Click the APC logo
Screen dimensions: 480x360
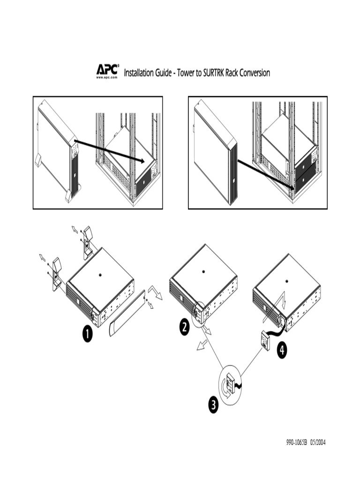(x=107, y=69)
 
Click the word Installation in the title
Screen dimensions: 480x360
(x=139, y=73)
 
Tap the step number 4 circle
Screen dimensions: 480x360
(x=282, y=350)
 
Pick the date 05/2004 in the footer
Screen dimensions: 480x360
(x=317, y=442)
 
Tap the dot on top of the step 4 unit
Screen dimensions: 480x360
(x=286, y=281)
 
